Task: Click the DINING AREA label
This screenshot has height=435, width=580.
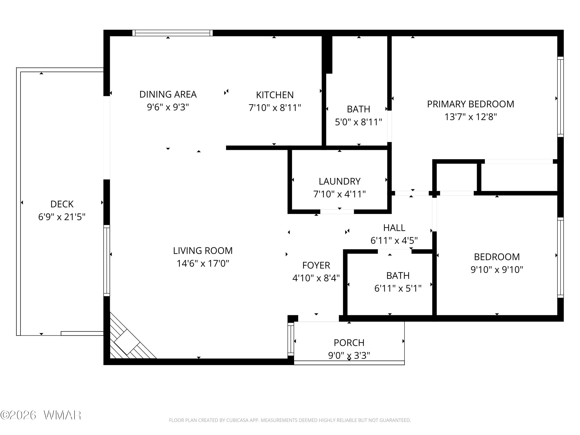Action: coord(168,94)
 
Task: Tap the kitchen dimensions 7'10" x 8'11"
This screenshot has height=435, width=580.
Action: coord(275,108)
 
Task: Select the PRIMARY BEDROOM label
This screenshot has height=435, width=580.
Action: coord(470,104)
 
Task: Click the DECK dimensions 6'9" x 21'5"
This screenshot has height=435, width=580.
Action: coord(62,217)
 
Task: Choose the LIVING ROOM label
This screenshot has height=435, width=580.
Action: coord(203,251)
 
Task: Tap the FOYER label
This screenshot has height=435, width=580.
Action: coord(316,265)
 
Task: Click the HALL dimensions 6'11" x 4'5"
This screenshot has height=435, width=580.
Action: coord(394,241)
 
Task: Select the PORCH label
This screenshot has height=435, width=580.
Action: coord(349,343)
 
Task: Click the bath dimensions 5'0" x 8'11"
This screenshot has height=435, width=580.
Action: coord(358,122)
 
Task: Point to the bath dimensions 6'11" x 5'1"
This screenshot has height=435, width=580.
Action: coord(397,288)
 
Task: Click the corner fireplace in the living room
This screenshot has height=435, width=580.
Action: coord(127,342)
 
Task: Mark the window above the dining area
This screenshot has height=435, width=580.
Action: coord(172,33)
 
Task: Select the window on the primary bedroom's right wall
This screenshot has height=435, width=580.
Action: coord(560,96)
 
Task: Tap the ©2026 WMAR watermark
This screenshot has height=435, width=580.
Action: coord(41,415)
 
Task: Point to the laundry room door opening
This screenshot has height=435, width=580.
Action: coord(337,212)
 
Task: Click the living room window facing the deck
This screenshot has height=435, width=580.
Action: coord(107,260)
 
